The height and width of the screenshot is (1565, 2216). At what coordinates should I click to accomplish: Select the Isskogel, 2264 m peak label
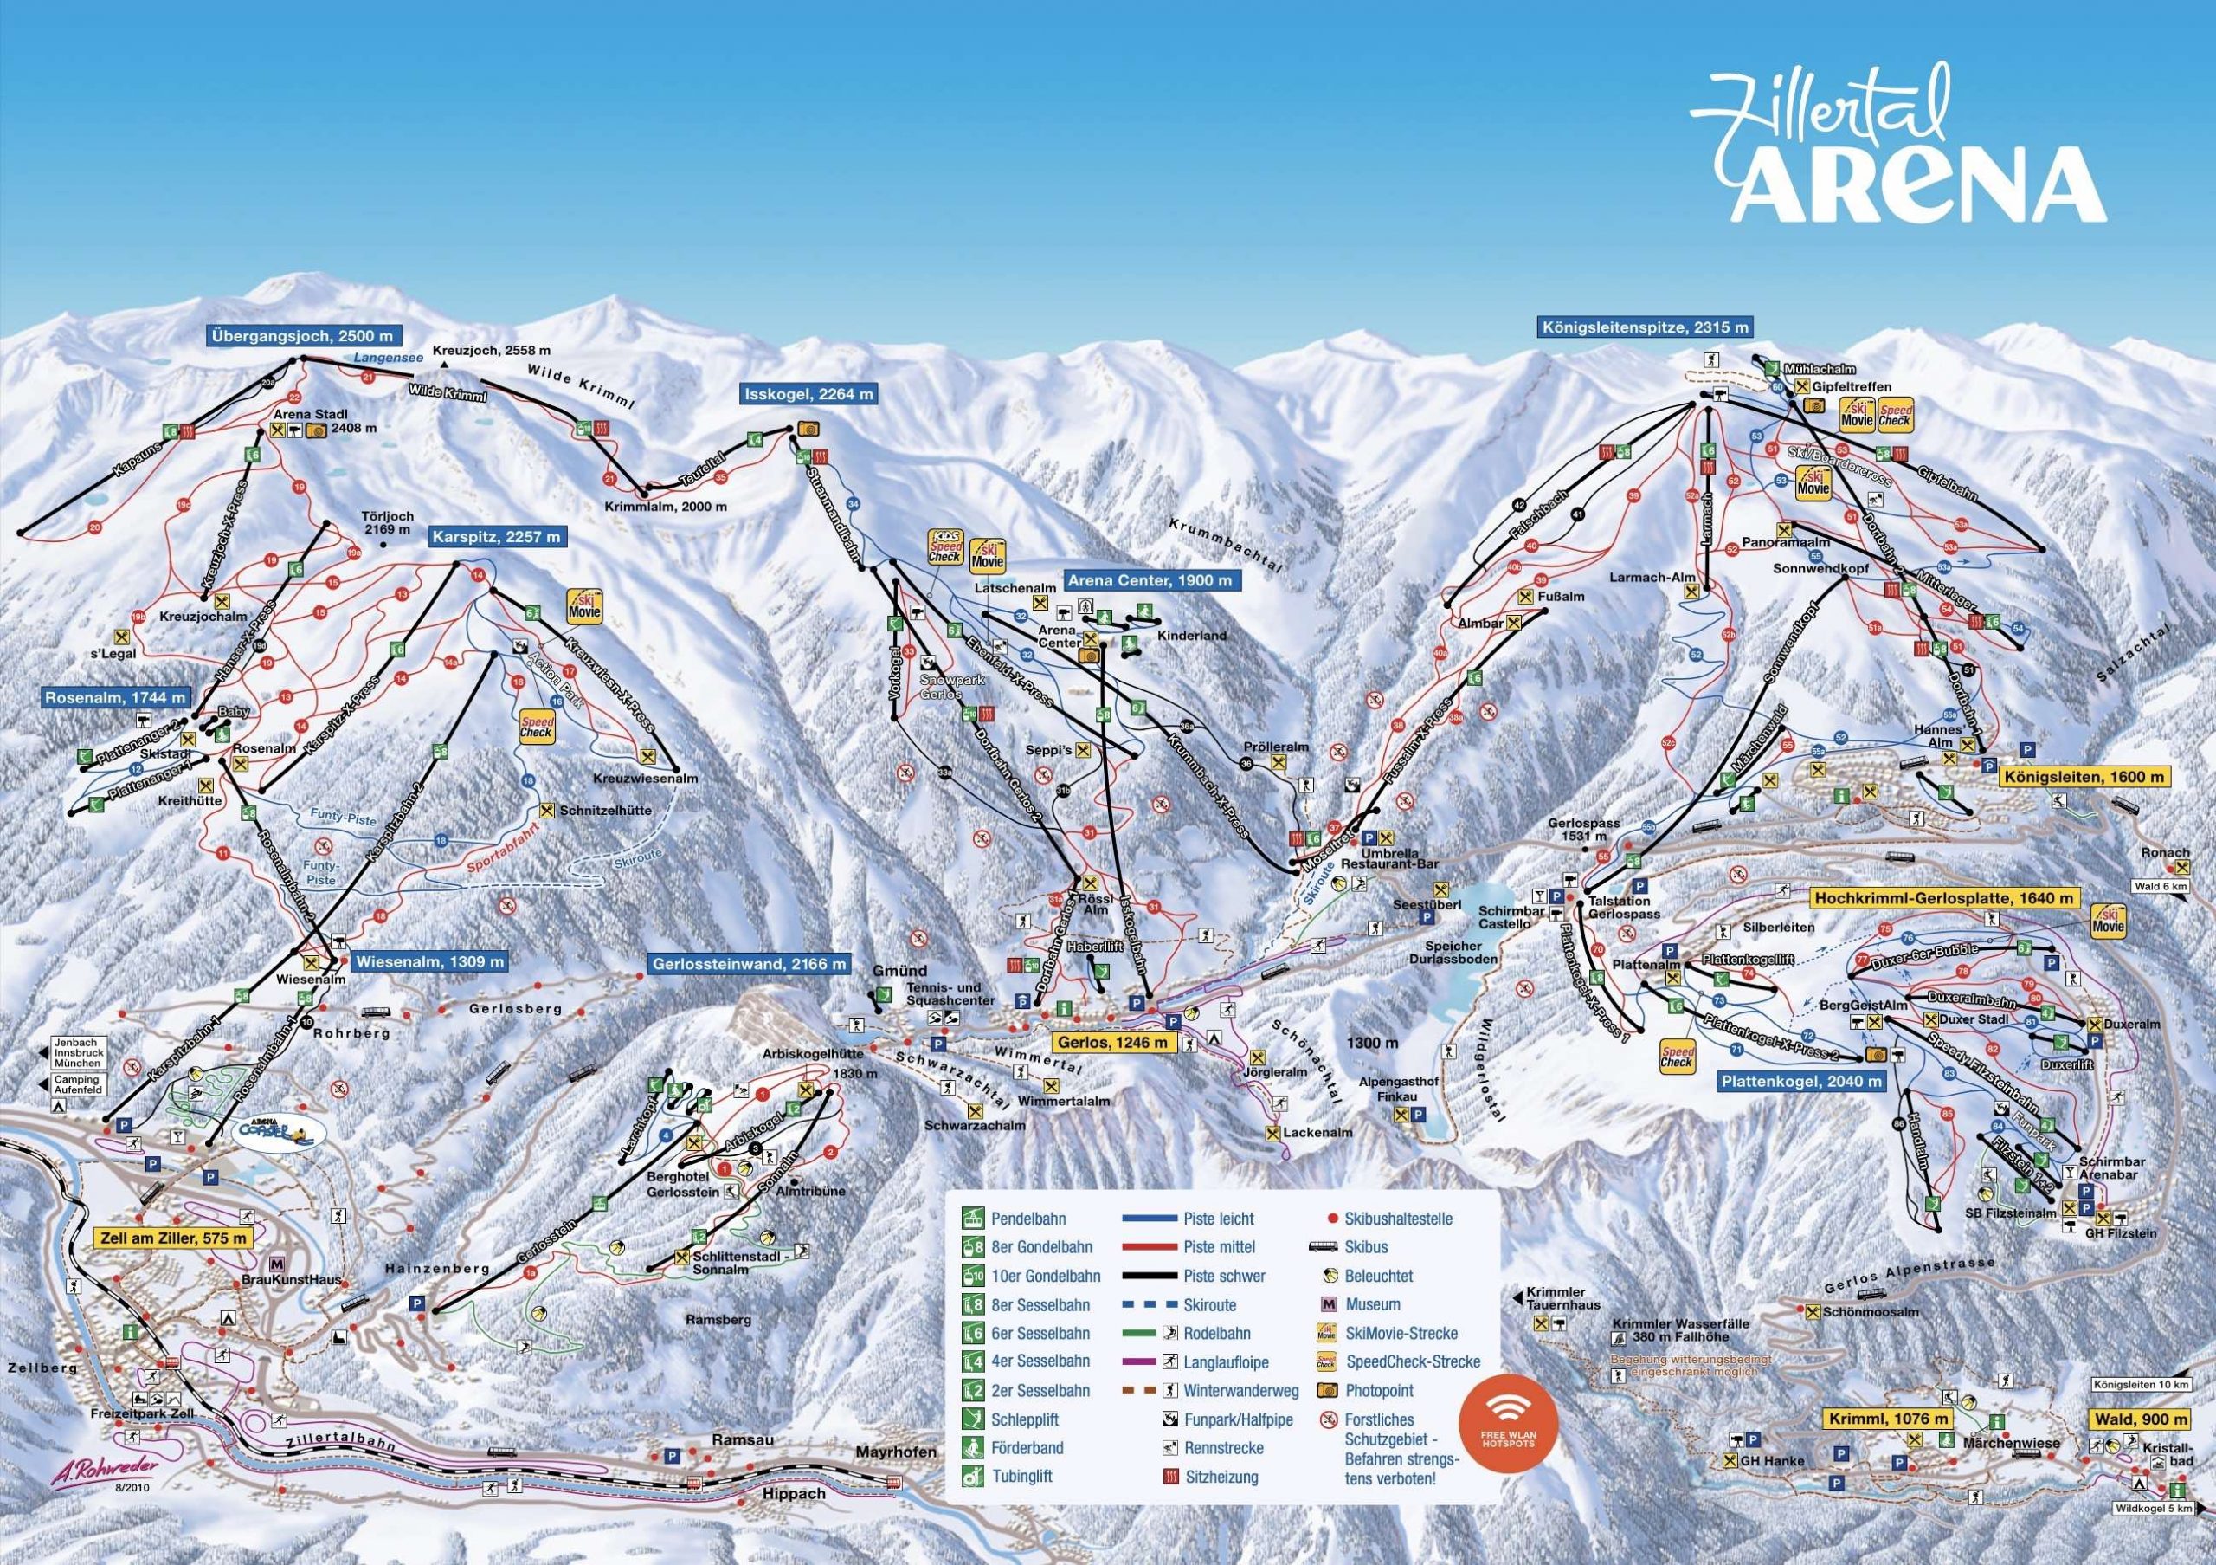tap(808, 394)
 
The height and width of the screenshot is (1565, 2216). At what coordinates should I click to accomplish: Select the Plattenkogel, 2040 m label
tap(1801, 1083)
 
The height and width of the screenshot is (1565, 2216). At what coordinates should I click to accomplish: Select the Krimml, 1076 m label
tap(1886, 1419)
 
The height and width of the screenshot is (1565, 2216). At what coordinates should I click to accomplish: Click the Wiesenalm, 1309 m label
tap(428, 961)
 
